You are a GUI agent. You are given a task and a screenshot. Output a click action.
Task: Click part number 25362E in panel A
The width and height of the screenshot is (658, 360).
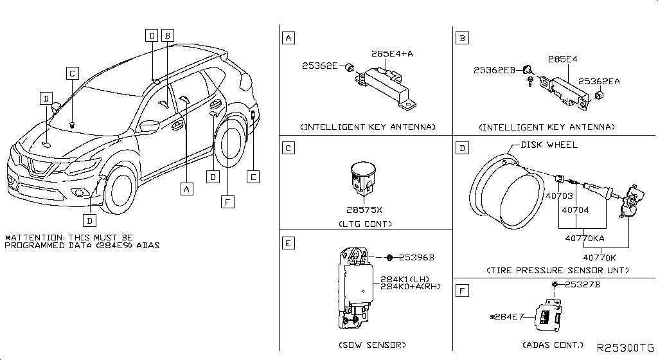(x=319, y=66)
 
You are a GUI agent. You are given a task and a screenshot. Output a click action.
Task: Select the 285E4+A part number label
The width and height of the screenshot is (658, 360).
(x=391, y=53)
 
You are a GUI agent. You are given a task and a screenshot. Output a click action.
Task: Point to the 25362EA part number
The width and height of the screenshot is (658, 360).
(x=599, y=81)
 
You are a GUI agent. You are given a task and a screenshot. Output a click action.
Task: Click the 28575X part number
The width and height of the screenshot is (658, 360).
(x=364, y=210)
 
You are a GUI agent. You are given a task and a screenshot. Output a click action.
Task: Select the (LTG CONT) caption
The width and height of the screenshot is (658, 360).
(x=364, y=224)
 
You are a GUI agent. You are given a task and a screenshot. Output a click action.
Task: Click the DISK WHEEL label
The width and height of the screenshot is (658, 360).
(x=549, y=145)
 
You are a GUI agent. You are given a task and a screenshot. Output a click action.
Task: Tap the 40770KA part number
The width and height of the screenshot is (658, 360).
(x=584, y=238)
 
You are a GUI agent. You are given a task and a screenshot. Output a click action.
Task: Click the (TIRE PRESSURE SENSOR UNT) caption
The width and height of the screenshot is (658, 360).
(x=557, y=271)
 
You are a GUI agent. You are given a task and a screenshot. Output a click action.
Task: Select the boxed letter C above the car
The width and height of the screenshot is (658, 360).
(x=73, y=73)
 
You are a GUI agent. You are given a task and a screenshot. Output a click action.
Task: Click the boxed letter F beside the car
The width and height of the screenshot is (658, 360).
(x=226, y=202)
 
